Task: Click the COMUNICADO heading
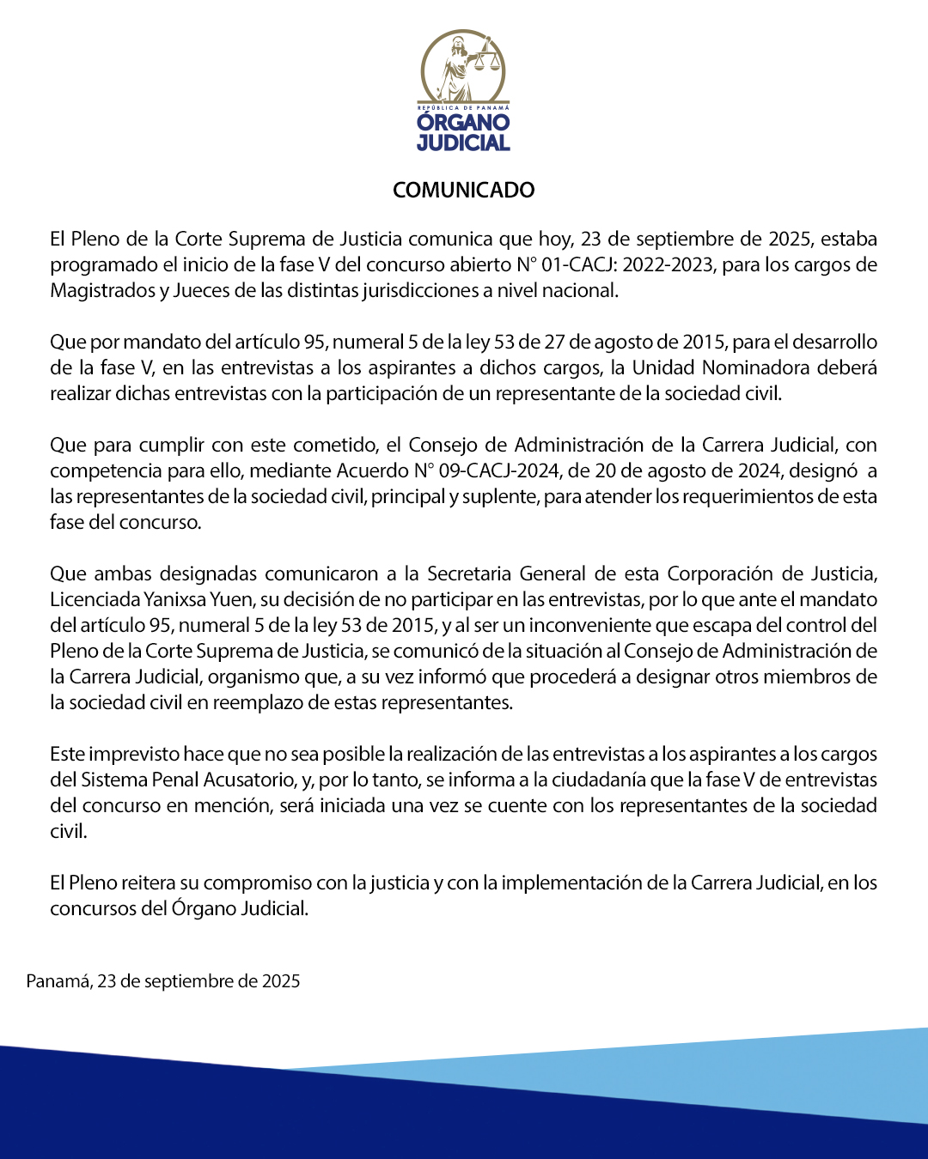463,190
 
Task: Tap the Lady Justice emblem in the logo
463,67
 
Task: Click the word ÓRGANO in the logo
463,122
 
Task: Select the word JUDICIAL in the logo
463,143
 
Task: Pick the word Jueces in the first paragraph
201,290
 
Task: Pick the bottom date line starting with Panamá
163,981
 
